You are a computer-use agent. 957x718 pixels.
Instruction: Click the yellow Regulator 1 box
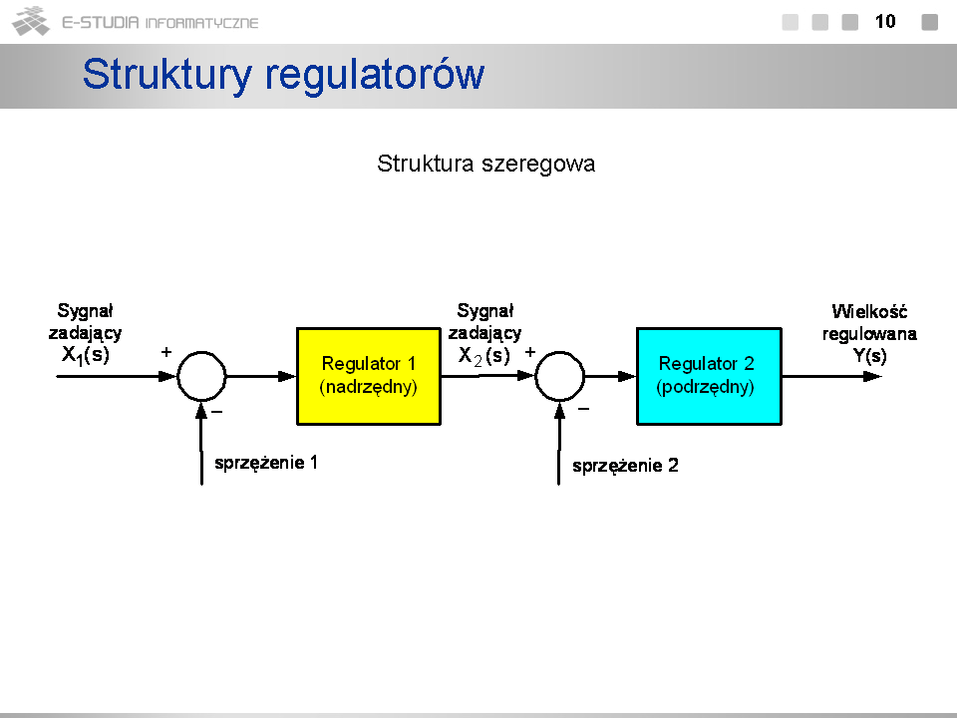pyautogui.click(x=369, y=376)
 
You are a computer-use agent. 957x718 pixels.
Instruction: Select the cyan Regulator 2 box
pyautogui.click(x=709, y=376)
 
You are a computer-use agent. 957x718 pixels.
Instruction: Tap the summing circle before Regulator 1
pyautogui.click(x=178, y=376)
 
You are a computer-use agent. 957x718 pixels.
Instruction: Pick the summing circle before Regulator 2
pyautogui.click(x=536, y=376)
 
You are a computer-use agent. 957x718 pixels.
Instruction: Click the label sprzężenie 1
pyautogui.click(x=266, y=463)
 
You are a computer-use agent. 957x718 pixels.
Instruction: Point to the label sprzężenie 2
pyautogui.click(x=625, y=466)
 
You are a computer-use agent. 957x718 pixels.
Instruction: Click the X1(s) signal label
pyautogui.click(x=86, y=355)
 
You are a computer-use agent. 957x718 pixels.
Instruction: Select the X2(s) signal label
pyautogui.click(x=484, y=355)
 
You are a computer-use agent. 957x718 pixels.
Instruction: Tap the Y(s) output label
pyautogui.click(x=869, y=355)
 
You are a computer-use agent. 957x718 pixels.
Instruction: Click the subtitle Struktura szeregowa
pyautogui.click(x=485, y=164)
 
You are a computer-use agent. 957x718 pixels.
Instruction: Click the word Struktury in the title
pyautogui.click(x=167, y=75)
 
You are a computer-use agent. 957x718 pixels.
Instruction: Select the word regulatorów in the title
pyautogui.click(x=375, y=75)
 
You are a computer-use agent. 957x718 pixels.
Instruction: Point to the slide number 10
pyautogui.click(x=885, y=22)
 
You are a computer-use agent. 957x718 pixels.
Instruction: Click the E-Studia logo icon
pyautogui.click(x=31, y=21)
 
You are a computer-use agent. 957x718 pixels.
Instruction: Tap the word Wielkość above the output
pyautogui.click(x=869, y=311)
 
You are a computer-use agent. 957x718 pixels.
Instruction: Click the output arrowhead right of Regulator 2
pyautogui.click(x=873, y=376)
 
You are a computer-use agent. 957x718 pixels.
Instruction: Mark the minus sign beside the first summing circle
pyautogui.click(x=216, y=412)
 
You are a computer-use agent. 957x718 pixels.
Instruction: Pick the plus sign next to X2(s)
pyautogui.click(x=529, y=352)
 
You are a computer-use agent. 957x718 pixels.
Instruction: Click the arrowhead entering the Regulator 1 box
pyautogui.click(x=287, y=376)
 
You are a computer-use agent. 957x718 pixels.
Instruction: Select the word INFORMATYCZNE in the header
pyautogui.click(x=201, y=23)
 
